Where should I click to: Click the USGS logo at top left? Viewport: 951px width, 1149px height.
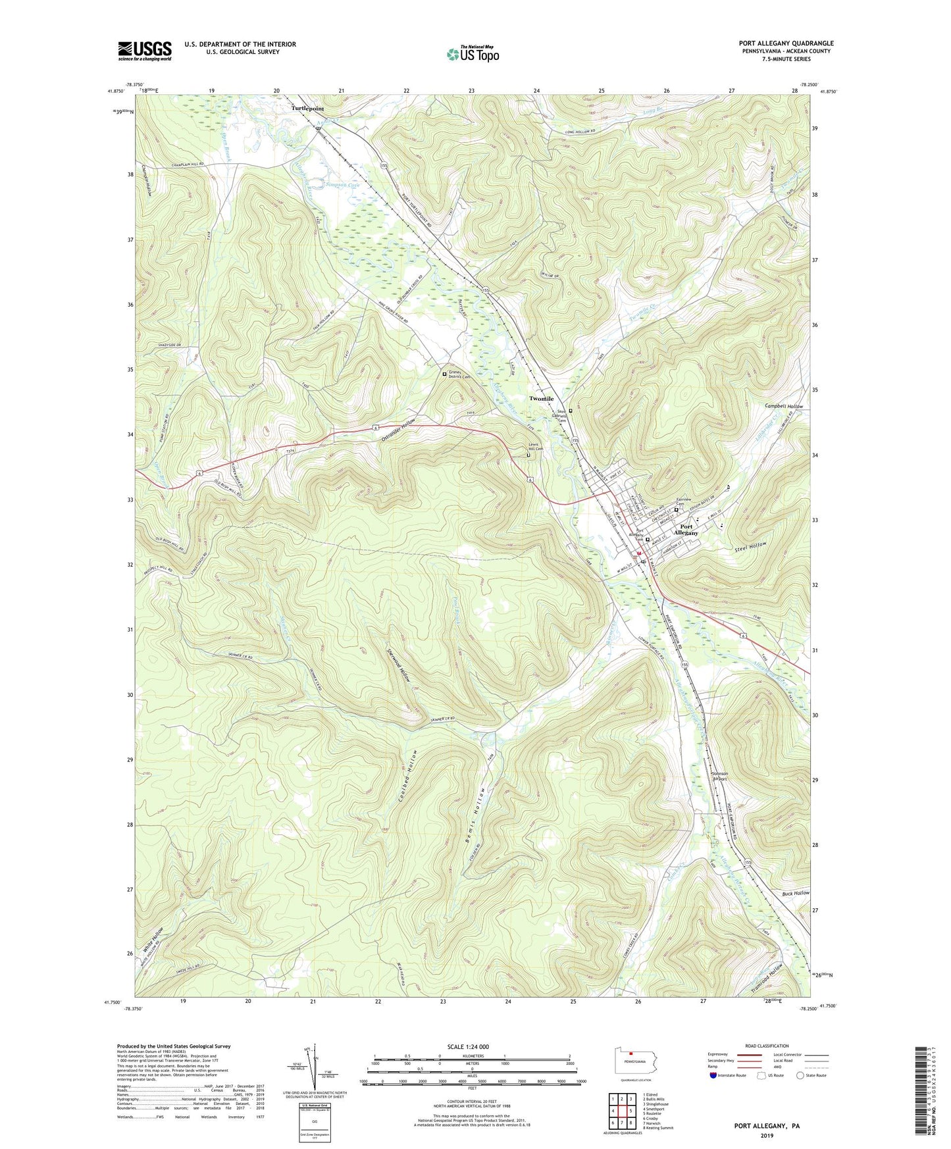(145, 50)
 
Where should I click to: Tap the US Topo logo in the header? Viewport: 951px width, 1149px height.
(472, 54)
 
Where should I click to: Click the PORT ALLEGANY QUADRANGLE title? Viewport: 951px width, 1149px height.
(786, 43)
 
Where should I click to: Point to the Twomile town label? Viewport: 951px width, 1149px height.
(542, 399)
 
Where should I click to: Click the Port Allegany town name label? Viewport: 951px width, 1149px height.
(686, 529)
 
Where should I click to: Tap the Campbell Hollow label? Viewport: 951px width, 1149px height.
(784, 407)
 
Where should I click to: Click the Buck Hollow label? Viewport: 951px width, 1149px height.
(795, 893)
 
